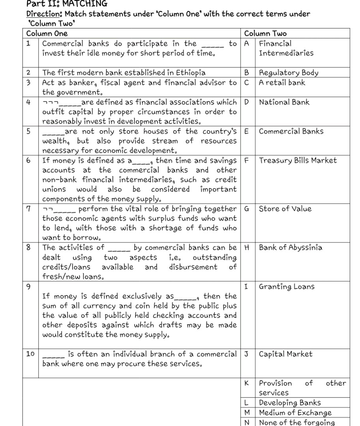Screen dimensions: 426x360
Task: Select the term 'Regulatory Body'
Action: [288, 73]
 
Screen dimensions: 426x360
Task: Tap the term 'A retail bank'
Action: [282, 82]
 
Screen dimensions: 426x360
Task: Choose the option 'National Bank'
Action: [284, 102]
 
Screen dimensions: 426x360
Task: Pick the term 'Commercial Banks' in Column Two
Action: [291, 131]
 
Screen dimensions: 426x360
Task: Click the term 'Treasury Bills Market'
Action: [298, 160]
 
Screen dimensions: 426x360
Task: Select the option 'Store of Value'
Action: [285, 209]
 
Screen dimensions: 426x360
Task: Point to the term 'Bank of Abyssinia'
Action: [291, 248]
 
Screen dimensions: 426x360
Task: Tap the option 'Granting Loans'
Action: [287, 286]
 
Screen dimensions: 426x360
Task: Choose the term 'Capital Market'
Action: [285, 354]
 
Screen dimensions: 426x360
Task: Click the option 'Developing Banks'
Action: [290, 403]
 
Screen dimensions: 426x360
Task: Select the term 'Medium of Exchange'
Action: [295, 413]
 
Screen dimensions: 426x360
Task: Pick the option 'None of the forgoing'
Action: [296, 422]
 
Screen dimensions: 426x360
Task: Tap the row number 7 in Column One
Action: [28, 209]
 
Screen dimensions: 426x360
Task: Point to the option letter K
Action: [247, 383]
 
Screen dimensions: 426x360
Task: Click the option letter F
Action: [247, 160]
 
